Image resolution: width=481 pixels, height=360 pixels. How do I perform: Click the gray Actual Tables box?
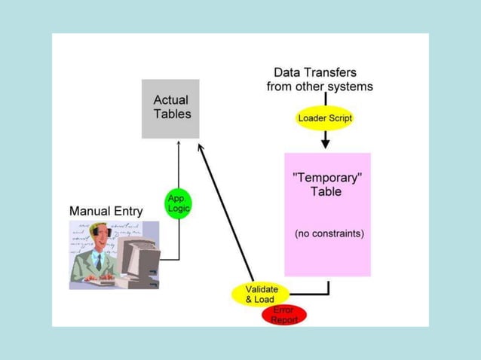[170, 108]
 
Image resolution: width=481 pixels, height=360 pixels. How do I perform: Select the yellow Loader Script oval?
[325, 119]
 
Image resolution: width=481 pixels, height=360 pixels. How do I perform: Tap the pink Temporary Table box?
[327, 215]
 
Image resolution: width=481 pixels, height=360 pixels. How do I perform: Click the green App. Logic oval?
[179, 203]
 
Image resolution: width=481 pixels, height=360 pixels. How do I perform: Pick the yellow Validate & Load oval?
[261, 294]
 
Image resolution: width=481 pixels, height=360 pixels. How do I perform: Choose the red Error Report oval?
[284, 315]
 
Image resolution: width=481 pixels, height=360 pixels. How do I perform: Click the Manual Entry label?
[106, 211]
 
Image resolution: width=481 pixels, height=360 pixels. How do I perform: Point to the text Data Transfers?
[315, 73]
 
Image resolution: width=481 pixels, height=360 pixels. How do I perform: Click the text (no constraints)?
[329, 233]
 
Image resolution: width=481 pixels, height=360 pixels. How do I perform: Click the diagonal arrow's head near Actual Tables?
[201, 148]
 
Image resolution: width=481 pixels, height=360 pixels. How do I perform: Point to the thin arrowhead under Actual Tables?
[179, 142]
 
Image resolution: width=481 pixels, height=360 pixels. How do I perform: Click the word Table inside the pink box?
[326, 191]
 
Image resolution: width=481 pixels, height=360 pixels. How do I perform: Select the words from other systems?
[320, 87]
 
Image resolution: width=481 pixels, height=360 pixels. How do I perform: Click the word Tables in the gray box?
[172, 114]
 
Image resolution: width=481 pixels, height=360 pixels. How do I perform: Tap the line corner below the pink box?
[328, 293]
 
